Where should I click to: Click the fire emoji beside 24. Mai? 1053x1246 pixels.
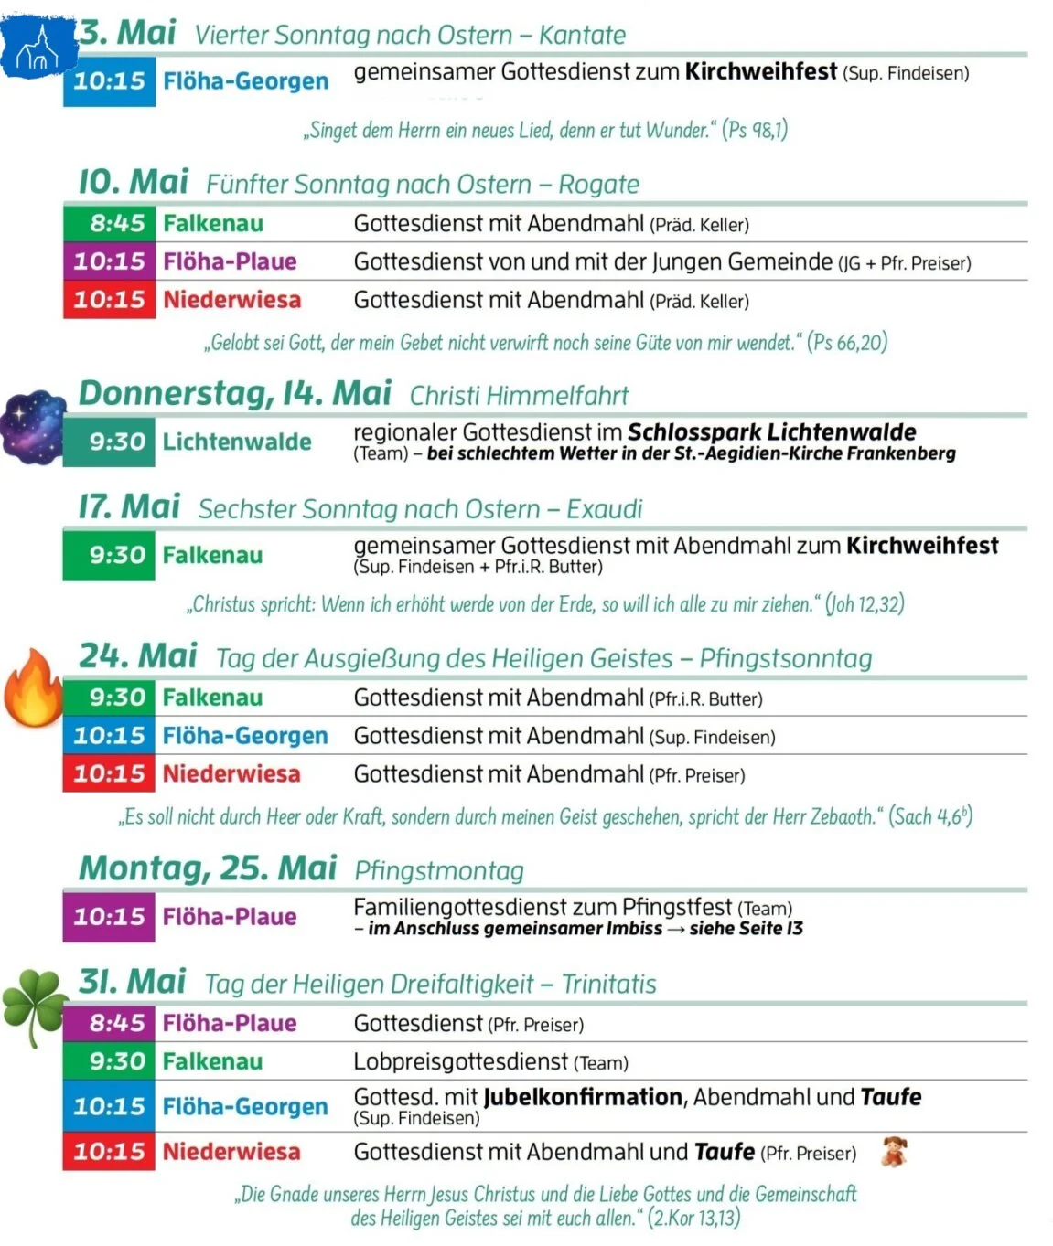click(x=33, y=688)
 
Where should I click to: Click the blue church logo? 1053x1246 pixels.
click(x=37, y=46)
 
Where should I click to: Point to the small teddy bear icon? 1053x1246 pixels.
click(x=894, y=1151)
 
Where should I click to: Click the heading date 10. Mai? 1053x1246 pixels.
click(x=134, y=181)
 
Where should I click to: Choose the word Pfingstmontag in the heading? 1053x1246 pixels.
click(x=439, y=870)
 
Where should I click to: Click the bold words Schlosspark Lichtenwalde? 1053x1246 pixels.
click(x=771, y=431)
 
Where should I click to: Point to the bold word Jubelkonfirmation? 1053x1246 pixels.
click(x=583, y=1096)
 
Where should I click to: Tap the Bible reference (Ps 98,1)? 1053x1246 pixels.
click(x=755, y=130)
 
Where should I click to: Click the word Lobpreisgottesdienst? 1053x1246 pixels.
click(x=460, y=1061)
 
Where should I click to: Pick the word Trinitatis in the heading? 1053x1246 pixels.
click(x=608, y=984)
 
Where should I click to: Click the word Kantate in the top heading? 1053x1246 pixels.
click(x=582, y=35)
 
